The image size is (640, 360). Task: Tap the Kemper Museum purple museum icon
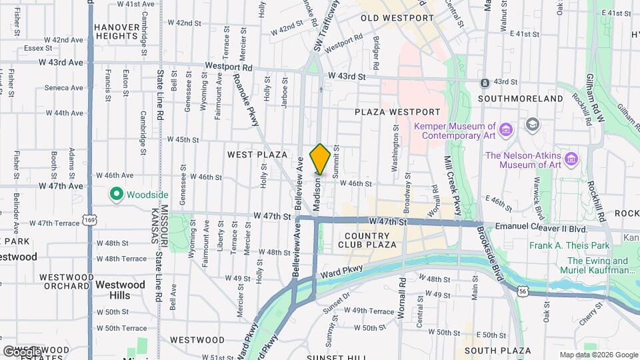[x=506, y=129]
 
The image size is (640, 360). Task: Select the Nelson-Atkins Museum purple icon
[x=571, y=159]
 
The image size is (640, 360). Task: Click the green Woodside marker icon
[x=117, y=194]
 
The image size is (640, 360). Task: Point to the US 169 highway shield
[x=89, y=219]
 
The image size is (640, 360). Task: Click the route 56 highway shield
[x=525, y=291]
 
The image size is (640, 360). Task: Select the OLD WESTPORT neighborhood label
[x=397, y=17]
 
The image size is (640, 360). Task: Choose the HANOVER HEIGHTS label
[x=116, y=32]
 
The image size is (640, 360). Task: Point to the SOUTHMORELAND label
[x=521, y=98]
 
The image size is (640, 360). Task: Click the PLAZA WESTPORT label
[x=397, y=112]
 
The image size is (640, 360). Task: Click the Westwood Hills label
[x=120, y=289]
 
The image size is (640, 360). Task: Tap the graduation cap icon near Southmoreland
[x=532, y=125]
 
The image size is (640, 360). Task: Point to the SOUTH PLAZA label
[x=497, y=351]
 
